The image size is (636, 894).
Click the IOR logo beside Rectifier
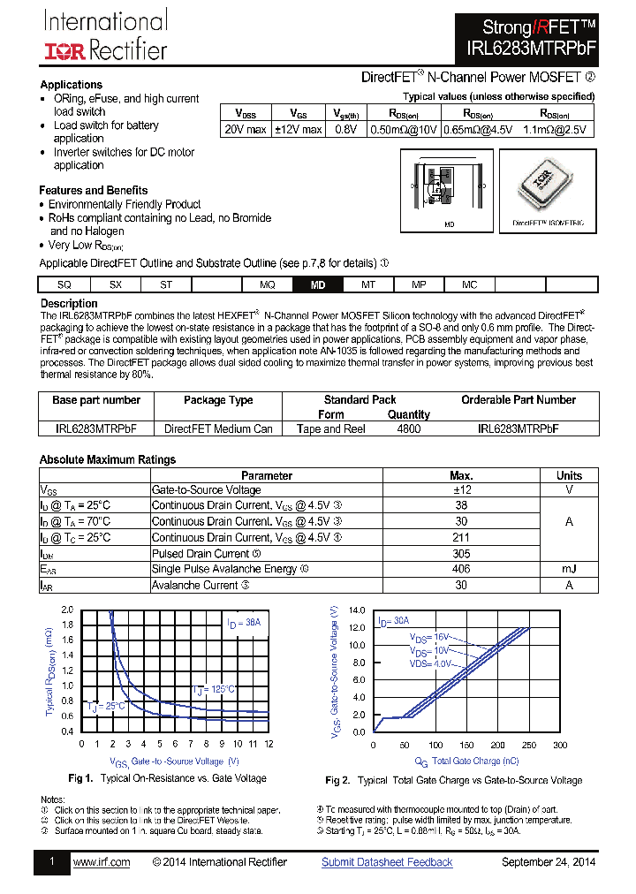click(x=64, y=50)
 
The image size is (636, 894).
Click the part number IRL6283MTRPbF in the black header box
click(x=527, y=51)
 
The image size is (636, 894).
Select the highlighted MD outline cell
click(x=318, y=284)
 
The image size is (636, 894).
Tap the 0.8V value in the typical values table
click(x=346, y=129)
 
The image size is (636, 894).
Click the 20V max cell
click(x=245, y=129)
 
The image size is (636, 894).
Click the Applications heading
click(x=72, y=85)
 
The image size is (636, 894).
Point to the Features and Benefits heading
click(x=93, y=190)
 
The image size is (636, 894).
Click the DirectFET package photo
click(x=548, y=186)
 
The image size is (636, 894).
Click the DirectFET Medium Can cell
click(x=218, y=428)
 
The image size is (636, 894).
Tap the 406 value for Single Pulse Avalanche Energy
click(x=461, y=569)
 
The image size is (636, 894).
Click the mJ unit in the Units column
click(x=569, y=569)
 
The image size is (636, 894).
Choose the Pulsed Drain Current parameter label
click(x=201, y=553)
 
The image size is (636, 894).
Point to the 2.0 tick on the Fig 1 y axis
click(x=68, y=610)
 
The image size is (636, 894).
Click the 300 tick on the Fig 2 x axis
click(x=559, y=745)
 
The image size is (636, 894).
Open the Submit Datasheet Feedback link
click(x=387, y=862)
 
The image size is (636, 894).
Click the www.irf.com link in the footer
click(x=102, y=862)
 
